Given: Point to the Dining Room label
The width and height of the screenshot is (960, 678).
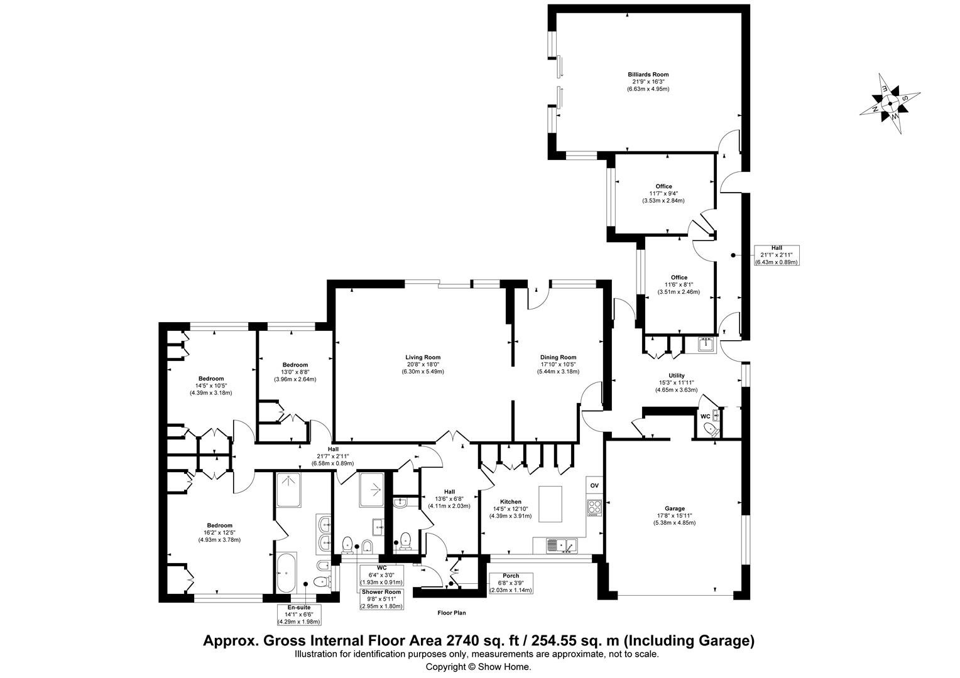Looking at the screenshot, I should click(558, 364).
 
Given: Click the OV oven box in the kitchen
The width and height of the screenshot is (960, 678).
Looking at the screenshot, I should click(594, 486).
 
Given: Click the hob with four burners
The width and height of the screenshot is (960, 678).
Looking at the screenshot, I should click(594, 507).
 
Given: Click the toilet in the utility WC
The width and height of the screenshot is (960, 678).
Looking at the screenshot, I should click(711, 429).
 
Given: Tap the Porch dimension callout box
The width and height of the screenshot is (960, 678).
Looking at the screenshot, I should click(511, 583).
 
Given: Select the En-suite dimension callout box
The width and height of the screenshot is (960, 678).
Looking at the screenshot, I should click(299, 615).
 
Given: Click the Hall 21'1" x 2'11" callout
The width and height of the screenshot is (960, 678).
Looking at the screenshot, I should click(776, 255).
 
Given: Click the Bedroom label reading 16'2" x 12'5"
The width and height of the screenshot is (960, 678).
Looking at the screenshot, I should click(219, 532).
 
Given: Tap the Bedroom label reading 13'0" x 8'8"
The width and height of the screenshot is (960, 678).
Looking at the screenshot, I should click(295, 372).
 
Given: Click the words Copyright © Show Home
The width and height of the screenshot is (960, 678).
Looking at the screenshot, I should click(478, 667).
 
